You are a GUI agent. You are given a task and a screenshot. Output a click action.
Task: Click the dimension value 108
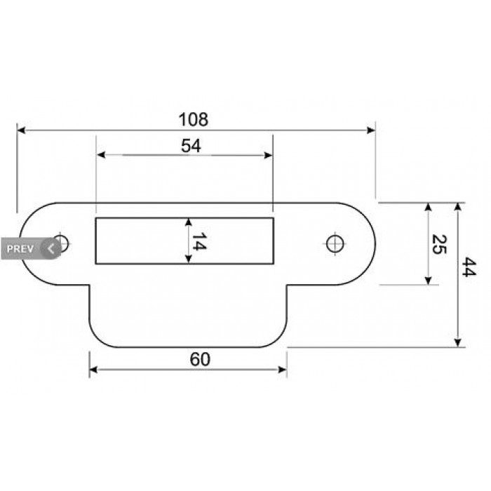pos(193,120)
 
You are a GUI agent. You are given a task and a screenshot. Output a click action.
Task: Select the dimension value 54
pos(191,146)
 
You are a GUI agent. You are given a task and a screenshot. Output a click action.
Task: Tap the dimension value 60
pos(200,359)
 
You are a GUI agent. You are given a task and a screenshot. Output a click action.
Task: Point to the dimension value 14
pos(199,241)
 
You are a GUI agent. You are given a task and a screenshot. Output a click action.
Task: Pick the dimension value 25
pos(439,244)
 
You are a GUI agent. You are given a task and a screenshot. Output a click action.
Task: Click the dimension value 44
pos(469,267)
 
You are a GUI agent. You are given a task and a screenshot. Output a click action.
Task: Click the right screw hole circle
pos(335,244)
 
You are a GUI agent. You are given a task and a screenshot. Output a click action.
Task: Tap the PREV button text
pos(20,249)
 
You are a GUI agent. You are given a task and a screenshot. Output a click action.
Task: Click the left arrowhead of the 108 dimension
pos(21,130)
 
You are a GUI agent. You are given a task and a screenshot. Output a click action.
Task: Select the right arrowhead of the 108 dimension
pos(371,130)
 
